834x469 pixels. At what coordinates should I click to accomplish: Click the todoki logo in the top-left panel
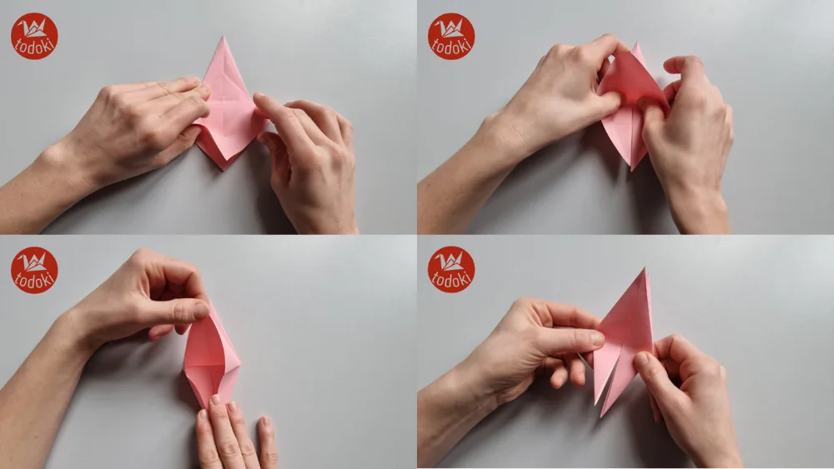pos(34,36)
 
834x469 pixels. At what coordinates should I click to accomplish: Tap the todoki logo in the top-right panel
pos(451,36)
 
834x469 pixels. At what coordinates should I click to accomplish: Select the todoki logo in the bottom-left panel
pos(34,270)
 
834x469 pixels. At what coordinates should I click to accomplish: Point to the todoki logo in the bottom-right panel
pos(451,270)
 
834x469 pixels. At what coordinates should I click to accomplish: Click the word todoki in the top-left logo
pos(34,47)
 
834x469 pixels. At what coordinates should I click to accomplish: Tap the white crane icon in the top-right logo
pos(451,28)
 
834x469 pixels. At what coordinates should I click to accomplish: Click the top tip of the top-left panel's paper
pos(223,37)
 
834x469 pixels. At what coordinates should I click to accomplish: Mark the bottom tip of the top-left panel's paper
pos(222,169)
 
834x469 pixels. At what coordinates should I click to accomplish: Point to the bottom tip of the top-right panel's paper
pos(631,170)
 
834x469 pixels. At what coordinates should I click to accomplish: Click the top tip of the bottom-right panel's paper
pos(645,270)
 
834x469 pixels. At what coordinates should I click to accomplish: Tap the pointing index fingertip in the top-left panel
pos(259,102)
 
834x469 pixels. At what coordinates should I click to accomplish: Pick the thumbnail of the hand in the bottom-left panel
pos(200,310)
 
